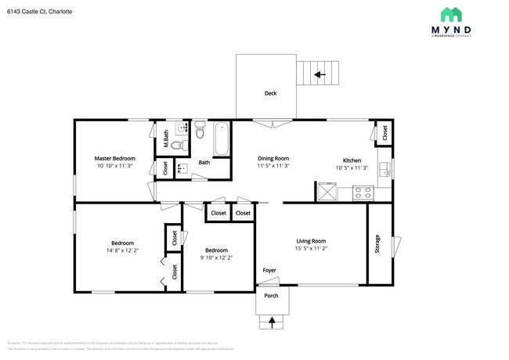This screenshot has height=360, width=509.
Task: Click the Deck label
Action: point(270,93)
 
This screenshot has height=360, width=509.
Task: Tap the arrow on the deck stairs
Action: point(319,75)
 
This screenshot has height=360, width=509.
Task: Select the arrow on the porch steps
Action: point(272,320)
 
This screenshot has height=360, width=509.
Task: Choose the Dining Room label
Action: point(274,159)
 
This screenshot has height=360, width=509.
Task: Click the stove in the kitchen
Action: point(362,191)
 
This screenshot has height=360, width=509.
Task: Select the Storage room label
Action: point(377,243)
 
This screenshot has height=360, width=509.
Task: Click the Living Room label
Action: point(310,241)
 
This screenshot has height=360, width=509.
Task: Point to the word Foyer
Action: point(269,270)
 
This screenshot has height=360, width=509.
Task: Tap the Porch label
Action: point(271,296)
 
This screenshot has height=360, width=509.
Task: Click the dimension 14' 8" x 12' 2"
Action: point(122,250)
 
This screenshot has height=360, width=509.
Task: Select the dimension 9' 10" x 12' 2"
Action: point(216,257)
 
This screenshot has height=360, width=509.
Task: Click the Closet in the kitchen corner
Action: point(384,132)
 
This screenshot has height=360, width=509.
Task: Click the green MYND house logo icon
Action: point(450,14)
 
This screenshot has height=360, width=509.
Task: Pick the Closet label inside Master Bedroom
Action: point(165,167)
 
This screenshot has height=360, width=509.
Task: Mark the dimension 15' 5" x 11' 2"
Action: point(310,249)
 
